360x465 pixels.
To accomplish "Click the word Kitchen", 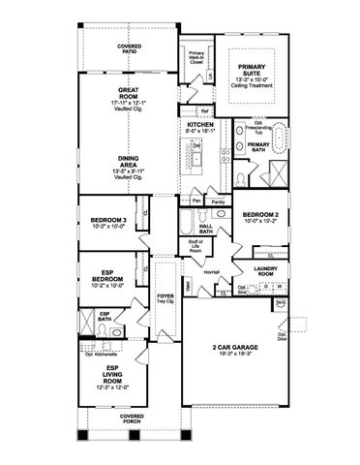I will pyautogui.click(x=200, y=126).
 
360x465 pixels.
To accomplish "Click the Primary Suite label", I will pyautogui.click(x=250, y=68).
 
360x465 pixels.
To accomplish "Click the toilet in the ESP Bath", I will pyautogui.click(x=116, y=329).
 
